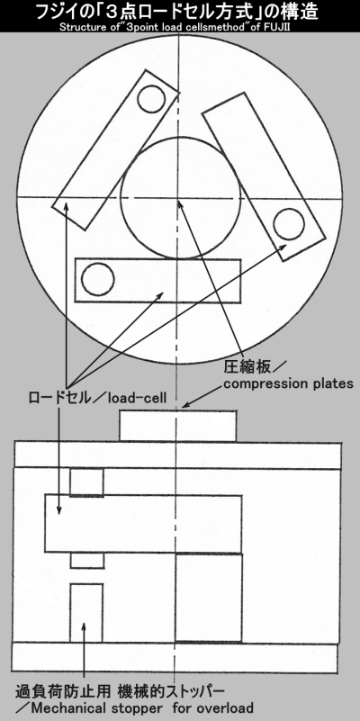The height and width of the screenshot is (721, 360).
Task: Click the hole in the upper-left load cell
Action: click(151, 98)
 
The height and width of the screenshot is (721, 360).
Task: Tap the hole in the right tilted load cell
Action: click(289, 224)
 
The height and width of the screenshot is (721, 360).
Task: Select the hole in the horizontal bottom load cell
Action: click(97, 279)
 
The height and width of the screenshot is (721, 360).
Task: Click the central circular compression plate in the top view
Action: click(180, 198)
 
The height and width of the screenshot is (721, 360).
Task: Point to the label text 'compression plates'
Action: click(288, 383)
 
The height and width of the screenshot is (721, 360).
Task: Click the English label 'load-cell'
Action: click(138, 398)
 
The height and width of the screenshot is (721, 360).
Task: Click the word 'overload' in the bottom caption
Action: click(225, 707)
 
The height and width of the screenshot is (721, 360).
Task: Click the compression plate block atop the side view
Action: click(178, 426)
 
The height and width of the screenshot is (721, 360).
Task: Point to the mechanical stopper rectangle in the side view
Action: click(86, 613)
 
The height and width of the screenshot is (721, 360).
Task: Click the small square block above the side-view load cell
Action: click(87, 482)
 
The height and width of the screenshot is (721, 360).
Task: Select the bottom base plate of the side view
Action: click(175, 658)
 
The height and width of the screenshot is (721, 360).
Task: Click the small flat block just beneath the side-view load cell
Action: click(87, 561)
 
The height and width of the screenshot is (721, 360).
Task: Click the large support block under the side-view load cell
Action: click(209, 598)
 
